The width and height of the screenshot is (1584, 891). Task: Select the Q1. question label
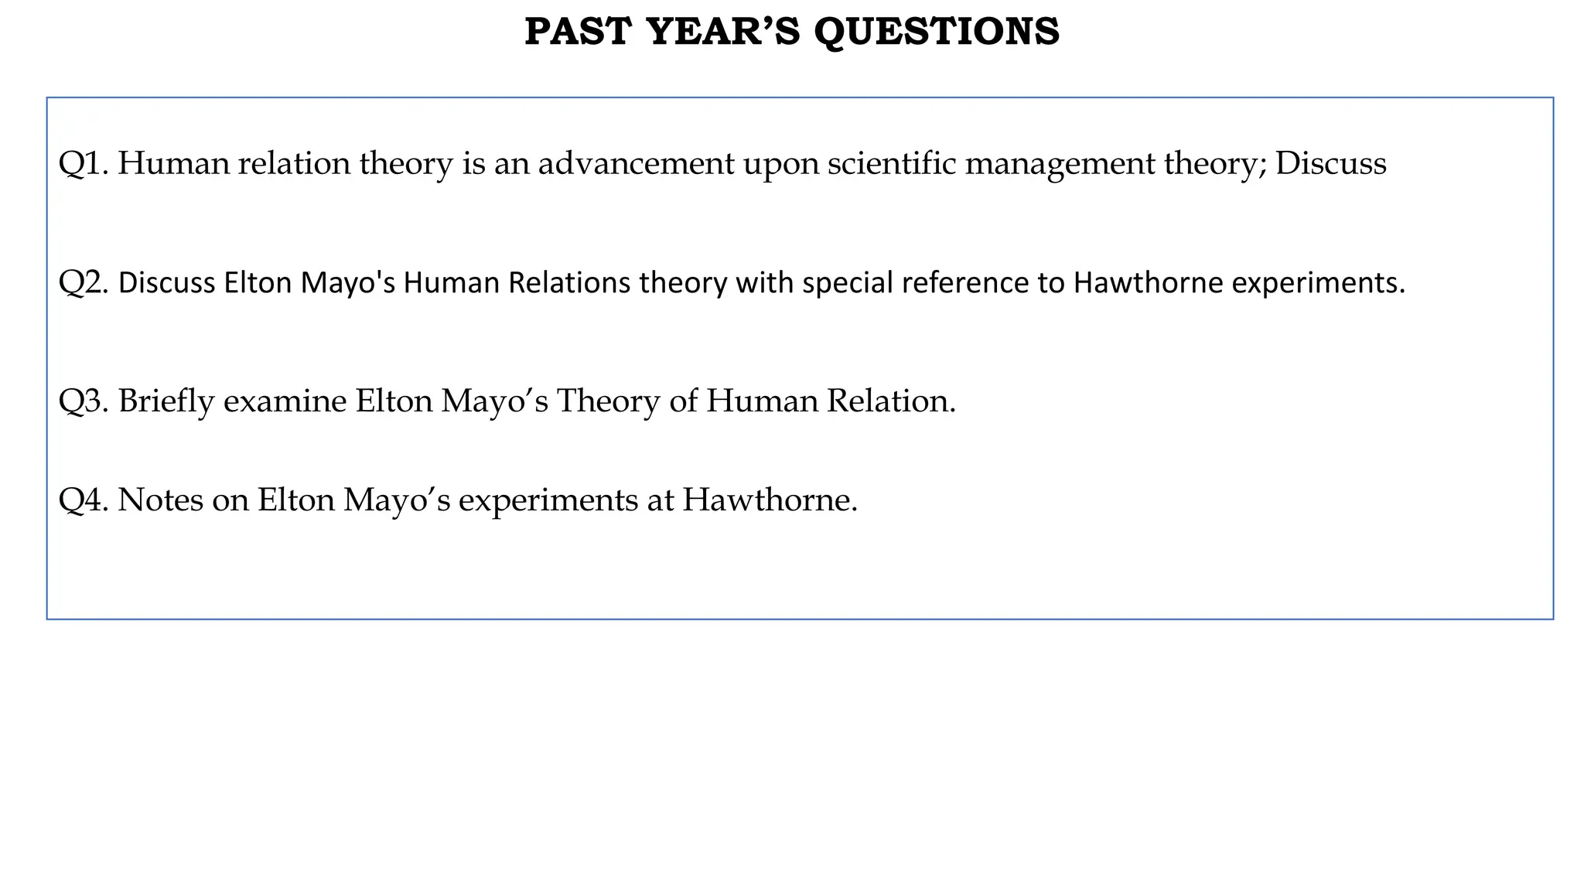(84, 164)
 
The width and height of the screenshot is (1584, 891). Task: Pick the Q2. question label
(84, 284)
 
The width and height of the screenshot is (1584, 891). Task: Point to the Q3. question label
(84, 401)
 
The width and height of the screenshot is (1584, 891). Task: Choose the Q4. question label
(84, 500)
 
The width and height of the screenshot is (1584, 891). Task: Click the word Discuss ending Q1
(1330, 164)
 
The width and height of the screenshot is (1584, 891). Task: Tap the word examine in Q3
(285, 401)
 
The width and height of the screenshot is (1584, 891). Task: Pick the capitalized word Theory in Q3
(609, 402)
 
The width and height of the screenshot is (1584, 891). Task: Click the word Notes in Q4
(160, 500)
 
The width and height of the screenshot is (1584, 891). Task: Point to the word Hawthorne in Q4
(769, 500)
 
